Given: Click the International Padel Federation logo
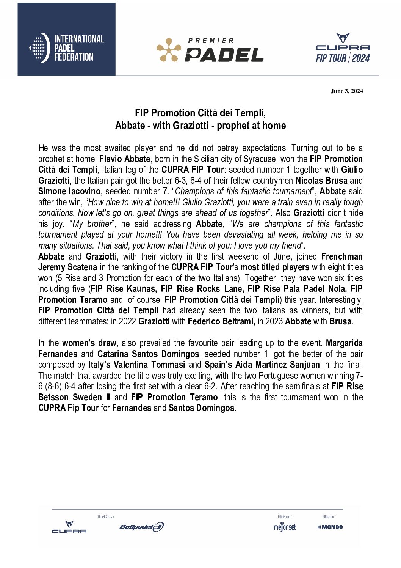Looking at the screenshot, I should coord(67,48).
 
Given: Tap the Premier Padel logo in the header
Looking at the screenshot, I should coord(210,50).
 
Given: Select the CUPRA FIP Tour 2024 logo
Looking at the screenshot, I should coord(343,48).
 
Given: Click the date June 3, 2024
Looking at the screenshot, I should coord(346,91).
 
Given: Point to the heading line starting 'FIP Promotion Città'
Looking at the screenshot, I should coord(200,113).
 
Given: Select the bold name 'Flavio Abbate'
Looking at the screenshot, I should coord(124,159).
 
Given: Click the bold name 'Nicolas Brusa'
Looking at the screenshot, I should coord(321,181).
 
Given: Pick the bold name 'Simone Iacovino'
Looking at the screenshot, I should coord(69,191).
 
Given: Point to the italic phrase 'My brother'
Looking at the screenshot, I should coord(92,224).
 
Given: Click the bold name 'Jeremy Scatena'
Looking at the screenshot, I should coord(67,267).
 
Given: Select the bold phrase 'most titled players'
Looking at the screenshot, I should coord(275,267).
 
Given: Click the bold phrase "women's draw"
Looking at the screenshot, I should coord(89,343).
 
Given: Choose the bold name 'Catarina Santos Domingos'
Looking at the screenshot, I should coord(148,354).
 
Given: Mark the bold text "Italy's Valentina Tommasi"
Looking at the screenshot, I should coord(136,365).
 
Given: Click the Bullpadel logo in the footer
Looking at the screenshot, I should coord(141,527).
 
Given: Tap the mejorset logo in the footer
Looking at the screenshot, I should coord(285,527).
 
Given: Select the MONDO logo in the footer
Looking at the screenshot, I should coord(330,527).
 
